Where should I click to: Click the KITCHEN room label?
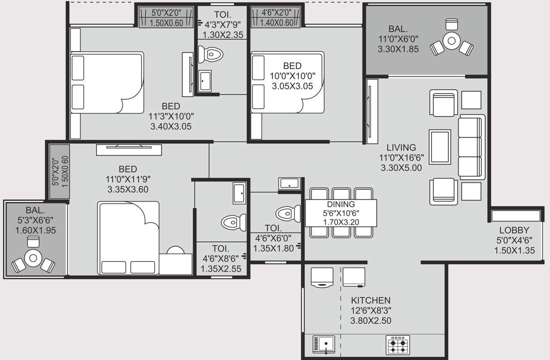tap(371, 300)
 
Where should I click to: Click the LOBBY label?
tap(514, 230)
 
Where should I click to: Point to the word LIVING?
tap(398, 148)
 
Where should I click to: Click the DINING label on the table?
tap(341, 204)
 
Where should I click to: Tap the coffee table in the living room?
tap(440, 146)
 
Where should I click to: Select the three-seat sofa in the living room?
tap(470, 146)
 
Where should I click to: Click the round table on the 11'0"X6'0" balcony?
tap(451, 41)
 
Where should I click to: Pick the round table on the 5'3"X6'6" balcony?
tap(32, 257)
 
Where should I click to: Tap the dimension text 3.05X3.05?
tap(292, 86)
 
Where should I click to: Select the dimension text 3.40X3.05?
tap(171, 127)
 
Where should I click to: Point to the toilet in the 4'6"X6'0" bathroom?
tap(287, 213)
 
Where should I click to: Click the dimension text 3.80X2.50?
tap(371, 321)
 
